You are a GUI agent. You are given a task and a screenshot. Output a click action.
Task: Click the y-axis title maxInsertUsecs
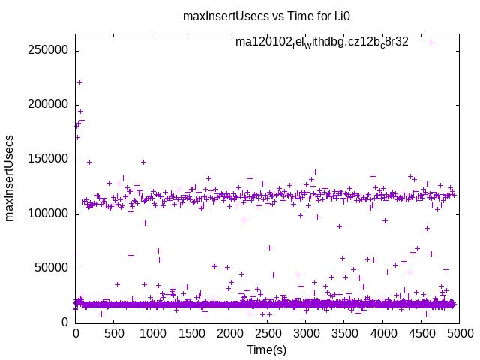coord(10,178)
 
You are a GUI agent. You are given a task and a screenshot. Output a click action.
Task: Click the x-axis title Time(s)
coord(267,349)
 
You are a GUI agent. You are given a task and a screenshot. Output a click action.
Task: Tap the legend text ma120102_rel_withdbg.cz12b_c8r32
coord(322,43)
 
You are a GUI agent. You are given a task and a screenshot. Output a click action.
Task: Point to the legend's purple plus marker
coord(431,43)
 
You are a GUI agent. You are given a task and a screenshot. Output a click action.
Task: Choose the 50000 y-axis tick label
coord(51,268)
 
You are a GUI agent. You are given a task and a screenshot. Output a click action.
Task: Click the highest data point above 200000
coord(79,82)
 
